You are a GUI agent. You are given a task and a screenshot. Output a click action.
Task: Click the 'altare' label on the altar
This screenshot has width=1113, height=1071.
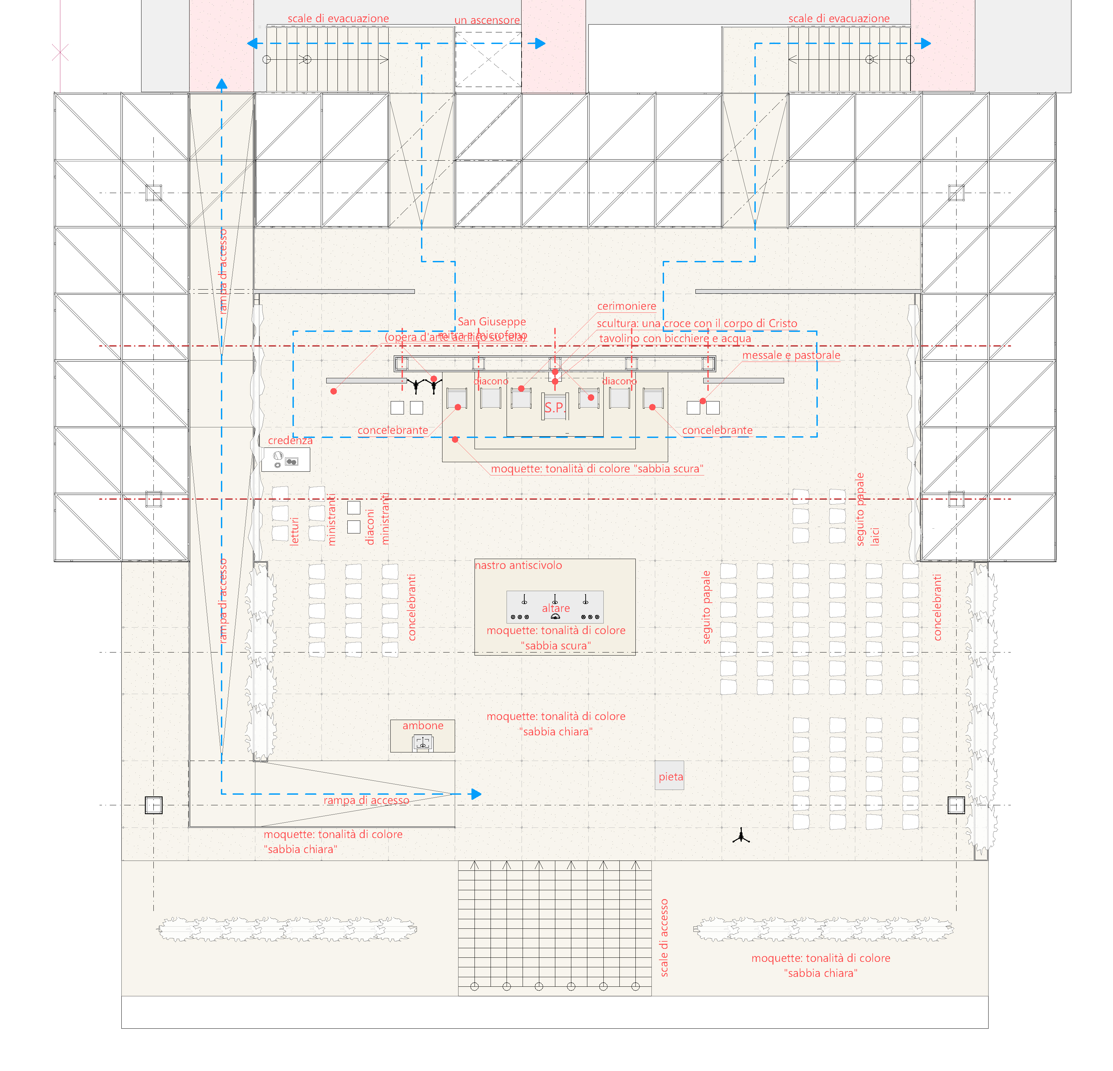[555, 608]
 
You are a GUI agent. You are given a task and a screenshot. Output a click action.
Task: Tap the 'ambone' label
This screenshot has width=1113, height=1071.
[422, 725]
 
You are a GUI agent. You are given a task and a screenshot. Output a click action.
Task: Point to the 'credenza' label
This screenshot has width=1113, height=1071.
[290, 440]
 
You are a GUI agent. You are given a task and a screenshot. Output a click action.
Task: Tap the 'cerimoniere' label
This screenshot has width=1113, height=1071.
[626, 306]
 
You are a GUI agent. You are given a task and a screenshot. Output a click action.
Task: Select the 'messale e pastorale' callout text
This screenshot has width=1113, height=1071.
[791, 355]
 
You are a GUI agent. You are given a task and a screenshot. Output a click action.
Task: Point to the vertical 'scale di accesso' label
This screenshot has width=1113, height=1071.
[664, 938]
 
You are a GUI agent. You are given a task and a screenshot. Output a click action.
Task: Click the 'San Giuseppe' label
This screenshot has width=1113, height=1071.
[492, 322]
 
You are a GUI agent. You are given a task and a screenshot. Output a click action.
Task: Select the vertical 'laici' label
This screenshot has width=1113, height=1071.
[875, 536]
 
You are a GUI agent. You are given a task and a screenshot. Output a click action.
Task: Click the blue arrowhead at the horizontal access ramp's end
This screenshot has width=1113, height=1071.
[476, 794]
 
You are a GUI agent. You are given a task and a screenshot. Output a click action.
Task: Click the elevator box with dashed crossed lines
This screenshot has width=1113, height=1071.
[488, 59]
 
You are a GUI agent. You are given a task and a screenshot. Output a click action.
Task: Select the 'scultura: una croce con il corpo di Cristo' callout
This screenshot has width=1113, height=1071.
[697, 324]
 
